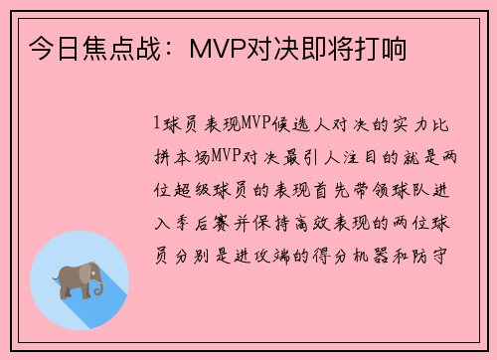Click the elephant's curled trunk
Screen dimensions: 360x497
99,290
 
